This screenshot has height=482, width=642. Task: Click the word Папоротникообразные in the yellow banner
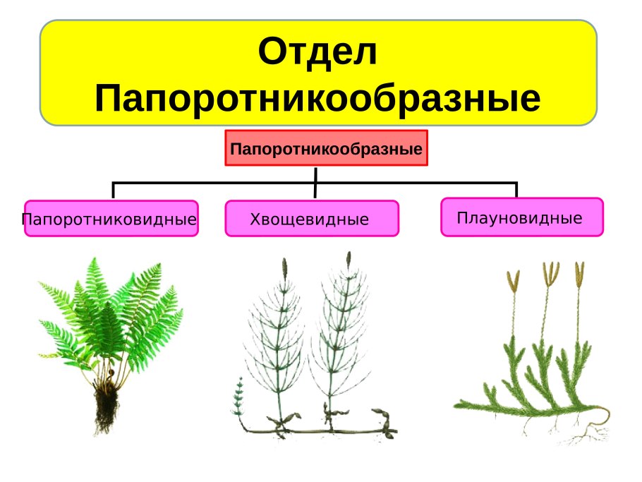click(317, 99)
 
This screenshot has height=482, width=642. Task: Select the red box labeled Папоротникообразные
click(326, 148)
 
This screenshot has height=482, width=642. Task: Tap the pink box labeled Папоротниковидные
click(111, 219)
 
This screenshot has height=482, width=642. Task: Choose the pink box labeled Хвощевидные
click(311, 219)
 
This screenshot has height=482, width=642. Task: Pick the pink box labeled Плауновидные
click(521, 217)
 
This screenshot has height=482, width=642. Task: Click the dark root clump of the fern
click(107, 406)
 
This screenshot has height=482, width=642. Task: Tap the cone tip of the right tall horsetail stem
click(348, 259)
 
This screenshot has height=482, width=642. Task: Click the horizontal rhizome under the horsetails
click(317, 429)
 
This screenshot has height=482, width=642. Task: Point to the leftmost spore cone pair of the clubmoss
click(513, 280)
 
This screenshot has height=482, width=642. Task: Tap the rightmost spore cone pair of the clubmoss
click(580, 273)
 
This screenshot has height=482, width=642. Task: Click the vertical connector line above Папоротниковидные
click(114, 191)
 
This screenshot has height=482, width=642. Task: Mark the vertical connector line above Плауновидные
click(516, 190)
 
